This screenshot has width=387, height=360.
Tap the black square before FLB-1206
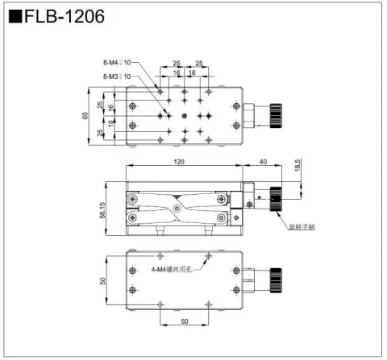16,17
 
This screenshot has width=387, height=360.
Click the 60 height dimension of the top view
85,115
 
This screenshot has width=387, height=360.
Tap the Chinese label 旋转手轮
302,227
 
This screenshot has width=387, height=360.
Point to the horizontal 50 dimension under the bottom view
185,322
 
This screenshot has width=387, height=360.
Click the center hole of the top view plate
185,116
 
